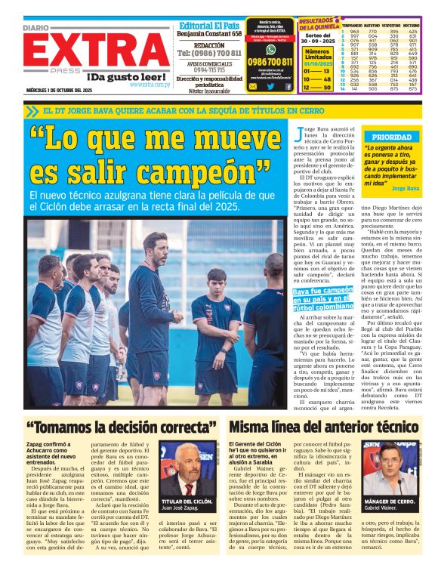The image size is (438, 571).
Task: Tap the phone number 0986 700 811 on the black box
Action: [270, 61]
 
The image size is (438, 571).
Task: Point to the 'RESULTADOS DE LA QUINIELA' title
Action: [320, 23]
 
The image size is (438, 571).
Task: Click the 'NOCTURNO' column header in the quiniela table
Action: [413, 26]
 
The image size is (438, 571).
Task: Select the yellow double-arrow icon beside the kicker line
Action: [31, 111]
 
